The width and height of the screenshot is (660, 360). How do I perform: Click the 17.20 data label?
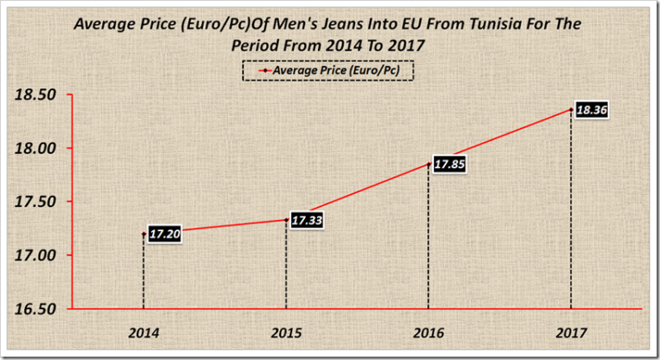163,233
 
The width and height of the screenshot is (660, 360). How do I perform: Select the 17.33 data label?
307,221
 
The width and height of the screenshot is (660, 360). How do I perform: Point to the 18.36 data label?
590,111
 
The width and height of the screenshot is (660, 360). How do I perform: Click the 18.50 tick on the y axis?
36,95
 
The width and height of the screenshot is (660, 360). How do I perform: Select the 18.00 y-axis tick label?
36,148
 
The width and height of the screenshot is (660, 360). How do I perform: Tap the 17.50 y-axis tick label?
36,202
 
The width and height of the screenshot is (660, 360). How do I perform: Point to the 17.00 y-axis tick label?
36,255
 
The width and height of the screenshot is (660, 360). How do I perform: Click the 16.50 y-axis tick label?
36,308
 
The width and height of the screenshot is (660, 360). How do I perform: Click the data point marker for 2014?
144,233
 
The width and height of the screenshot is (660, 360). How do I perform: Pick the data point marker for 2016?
428,164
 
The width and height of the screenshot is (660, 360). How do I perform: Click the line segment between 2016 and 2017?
498,137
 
